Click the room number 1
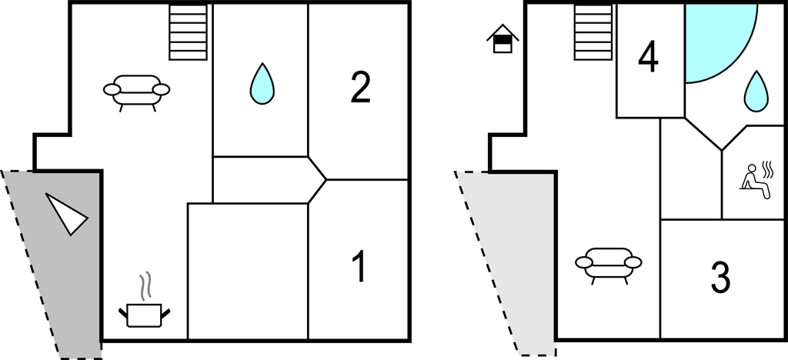(358, 267)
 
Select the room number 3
(720, 278)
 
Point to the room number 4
(649, 58)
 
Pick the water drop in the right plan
(756, 91)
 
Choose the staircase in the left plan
(189, 32)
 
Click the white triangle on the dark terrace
(66, 213)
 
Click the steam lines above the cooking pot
(144, 286)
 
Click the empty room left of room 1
(248, 271)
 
